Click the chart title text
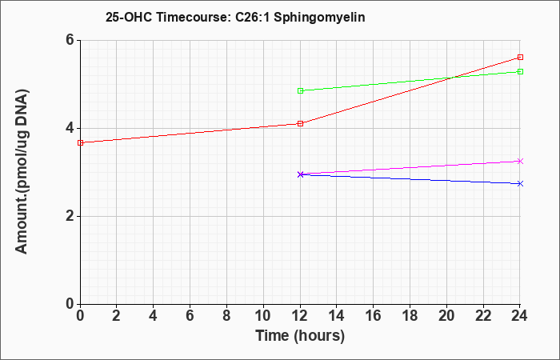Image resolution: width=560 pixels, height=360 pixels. click(235, 17)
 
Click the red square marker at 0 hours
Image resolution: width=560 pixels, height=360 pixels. click(80, 143)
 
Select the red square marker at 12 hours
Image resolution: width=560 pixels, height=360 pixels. click(300, 123)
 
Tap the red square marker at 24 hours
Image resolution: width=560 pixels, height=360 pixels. click(520, 57)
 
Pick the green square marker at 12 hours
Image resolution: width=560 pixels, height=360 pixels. click(300, 90)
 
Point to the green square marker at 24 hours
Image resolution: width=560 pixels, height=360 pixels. click(520, 71)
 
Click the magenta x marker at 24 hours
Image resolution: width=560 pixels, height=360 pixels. click(520, 161)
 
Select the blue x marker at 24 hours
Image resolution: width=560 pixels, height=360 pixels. click(520, 183)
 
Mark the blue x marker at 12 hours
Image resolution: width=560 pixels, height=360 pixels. click(300, 174)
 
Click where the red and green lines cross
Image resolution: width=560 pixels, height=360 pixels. click(452, 78)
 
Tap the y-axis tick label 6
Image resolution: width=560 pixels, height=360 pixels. click(70, 40)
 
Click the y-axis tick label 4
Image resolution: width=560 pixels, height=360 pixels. click(70, 128)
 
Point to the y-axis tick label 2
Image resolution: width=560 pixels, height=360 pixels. click(70, 216)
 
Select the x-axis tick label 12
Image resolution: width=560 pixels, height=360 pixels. click(300, 316)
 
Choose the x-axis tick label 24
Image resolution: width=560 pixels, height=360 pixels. click(520, 316)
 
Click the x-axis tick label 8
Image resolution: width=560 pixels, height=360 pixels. click(226, 316)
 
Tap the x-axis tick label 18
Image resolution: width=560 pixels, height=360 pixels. click(410, 316)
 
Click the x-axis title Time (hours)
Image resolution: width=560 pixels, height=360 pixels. click(300, 336)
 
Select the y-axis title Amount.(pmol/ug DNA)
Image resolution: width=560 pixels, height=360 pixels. click(22, 172)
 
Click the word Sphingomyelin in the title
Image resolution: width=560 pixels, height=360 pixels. click(319, 18)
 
